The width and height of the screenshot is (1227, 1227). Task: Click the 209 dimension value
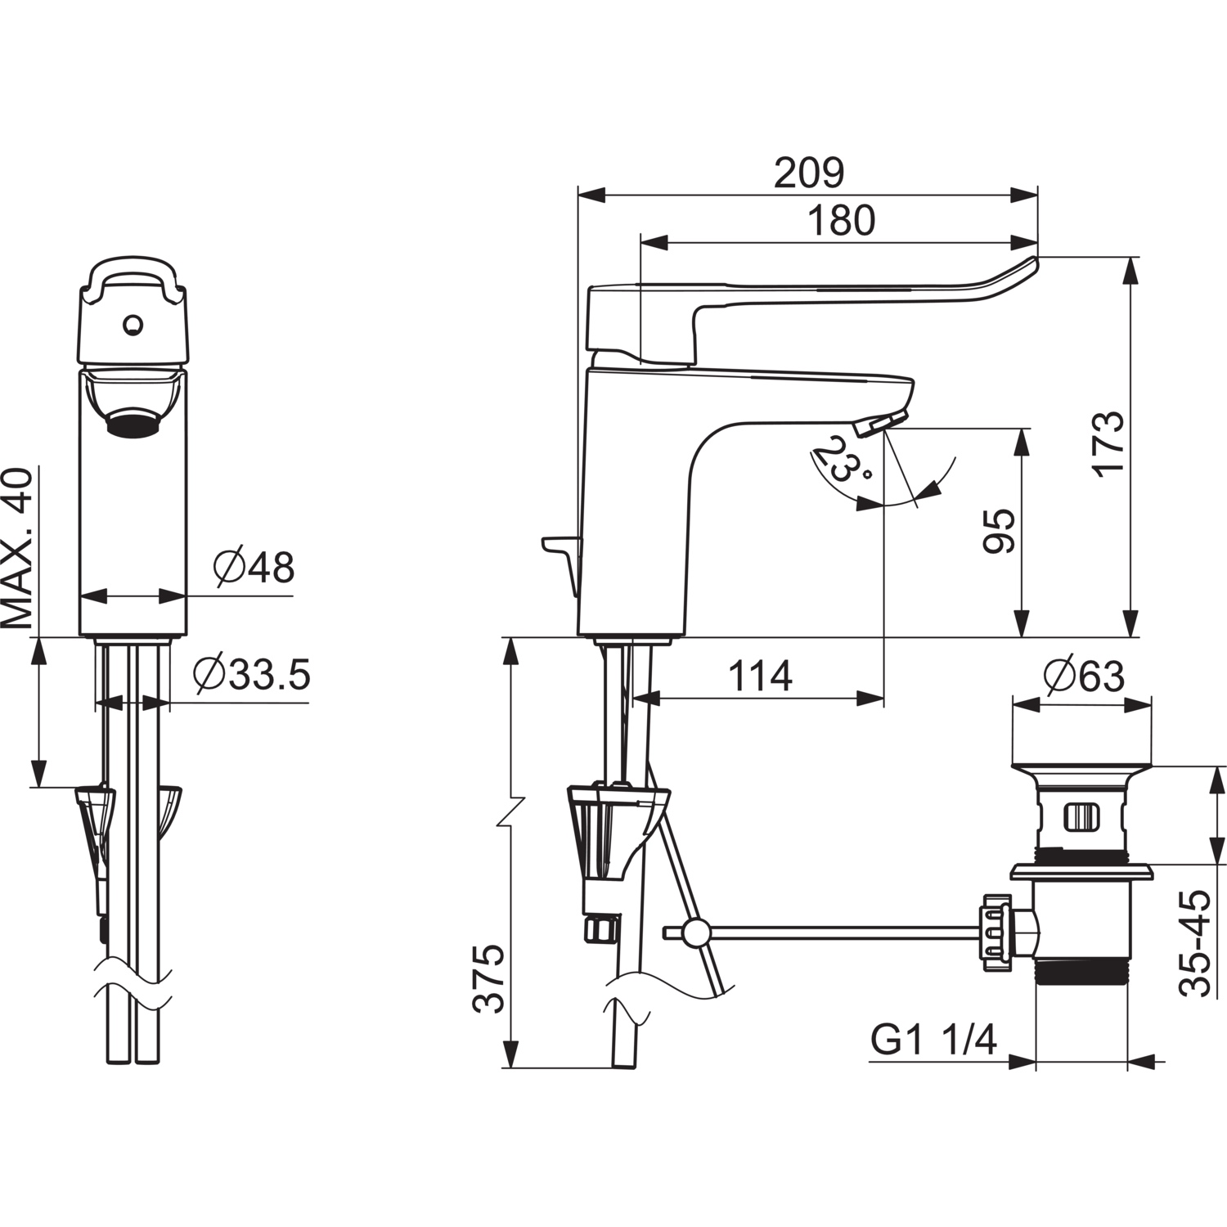[x=808, y=172]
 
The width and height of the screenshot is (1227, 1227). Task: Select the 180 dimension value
[x=841, y=220]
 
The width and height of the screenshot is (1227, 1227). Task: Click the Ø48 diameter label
[x=254, y=567]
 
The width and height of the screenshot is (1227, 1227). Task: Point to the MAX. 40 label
[x=18, y=548]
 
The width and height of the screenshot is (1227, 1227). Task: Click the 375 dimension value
[x=490, y=979]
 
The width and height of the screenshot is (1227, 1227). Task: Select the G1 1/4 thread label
[x=933, y=1040]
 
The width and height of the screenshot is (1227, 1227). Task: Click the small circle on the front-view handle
[x=131, y=326]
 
